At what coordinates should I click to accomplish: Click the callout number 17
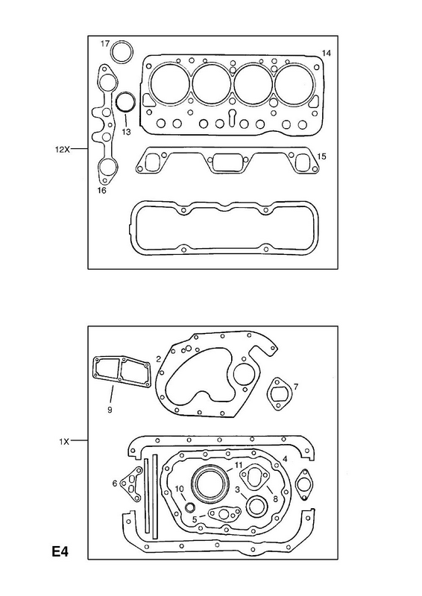click(x=105, y=44)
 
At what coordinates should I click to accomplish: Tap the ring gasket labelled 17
click(x=122, y=42)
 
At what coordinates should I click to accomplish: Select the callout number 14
click(x=326, y=53)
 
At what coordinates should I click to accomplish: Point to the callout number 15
click(x=321, y=156)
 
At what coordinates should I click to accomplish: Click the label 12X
click(x=62, y=150)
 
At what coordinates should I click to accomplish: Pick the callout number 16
click(x=101, y=191)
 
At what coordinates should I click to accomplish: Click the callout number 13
click(x=126, y=132)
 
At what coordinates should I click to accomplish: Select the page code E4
click(x=60, y=551)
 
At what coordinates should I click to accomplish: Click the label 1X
click(x=64, y=441)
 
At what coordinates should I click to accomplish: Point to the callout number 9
click(x=110, y=410)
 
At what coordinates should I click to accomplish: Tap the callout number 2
click(x=158, y=358)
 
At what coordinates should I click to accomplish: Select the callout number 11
click(x=239, y=465)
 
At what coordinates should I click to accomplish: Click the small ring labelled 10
click(x=190, y=507)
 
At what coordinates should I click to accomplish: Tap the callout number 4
click(x=285, y=459)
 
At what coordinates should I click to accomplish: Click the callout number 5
click(x=195, y=519)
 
